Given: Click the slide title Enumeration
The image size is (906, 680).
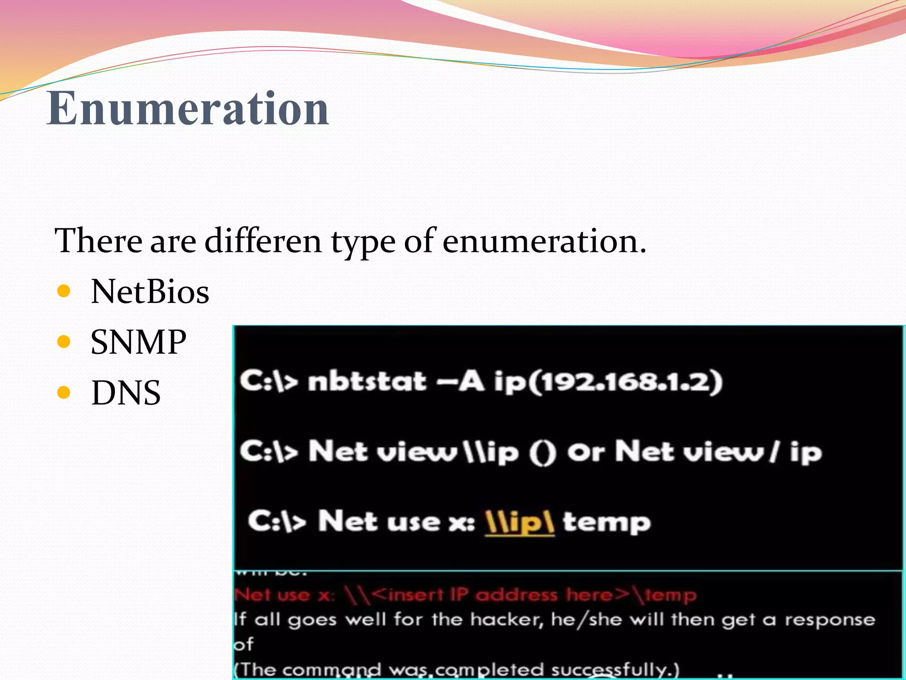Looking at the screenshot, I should (188, 108).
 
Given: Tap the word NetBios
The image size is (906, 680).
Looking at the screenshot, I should (150, 292).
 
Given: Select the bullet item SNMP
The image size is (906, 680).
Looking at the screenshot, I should (138, 342).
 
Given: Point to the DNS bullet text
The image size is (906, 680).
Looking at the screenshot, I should (126, 393).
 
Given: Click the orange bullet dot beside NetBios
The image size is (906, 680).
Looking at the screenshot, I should (64, 291).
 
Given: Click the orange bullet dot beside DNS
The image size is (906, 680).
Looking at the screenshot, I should (64, 392).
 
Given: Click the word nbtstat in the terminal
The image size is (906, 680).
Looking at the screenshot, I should (367, 382).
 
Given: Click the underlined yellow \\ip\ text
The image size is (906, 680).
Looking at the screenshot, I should (519, 522).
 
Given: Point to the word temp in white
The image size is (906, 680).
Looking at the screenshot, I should (606, 522).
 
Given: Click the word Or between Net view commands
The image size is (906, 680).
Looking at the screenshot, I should (585, 452).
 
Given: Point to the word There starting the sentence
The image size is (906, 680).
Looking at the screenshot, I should (98, 241).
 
